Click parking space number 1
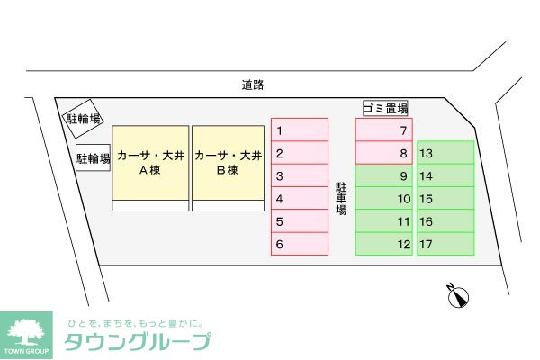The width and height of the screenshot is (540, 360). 300,130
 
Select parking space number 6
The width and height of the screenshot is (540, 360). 300,244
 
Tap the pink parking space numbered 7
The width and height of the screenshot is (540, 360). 384,130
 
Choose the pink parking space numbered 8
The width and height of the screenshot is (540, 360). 384,153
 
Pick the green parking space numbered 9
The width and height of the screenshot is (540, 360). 384,176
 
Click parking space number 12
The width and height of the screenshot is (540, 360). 384,244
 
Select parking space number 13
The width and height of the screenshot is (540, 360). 445,153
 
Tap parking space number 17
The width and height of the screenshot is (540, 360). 445,244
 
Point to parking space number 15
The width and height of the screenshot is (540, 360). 445,199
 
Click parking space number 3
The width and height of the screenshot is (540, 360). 300,176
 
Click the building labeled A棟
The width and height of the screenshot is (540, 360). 150,163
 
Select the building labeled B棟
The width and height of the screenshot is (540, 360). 229,163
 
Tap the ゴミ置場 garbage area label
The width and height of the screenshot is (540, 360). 386,109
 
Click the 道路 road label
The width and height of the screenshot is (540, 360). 253,85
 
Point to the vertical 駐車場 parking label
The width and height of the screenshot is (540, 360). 342,198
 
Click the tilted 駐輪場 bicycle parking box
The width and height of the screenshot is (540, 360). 83,118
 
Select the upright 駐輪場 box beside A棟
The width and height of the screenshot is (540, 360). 93,160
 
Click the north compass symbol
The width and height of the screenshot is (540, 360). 460,297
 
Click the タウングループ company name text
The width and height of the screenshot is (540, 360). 138,342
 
